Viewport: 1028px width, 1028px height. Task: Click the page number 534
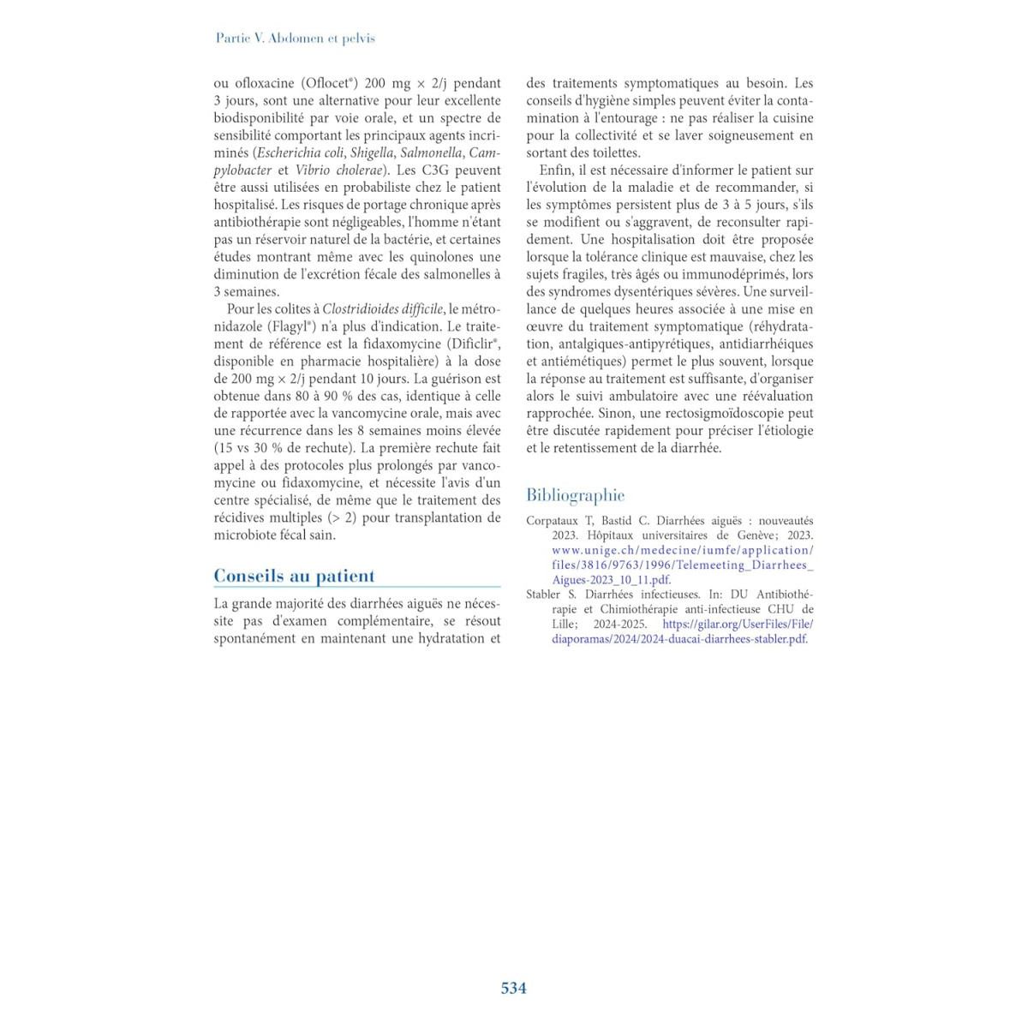513,988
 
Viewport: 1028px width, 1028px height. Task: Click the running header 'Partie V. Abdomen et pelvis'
295,39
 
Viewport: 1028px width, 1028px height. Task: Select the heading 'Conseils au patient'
294,576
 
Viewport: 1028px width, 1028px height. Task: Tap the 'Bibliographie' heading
575,495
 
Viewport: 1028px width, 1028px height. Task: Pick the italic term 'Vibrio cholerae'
338,170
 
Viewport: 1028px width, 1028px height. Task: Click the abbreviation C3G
438,170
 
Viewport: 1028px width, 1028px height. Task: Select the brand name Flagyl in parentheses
290,326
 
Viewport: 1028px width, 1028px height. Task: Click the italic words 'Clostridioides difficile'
382,309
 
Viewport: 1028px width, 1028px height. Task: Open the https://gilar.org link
737,625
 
